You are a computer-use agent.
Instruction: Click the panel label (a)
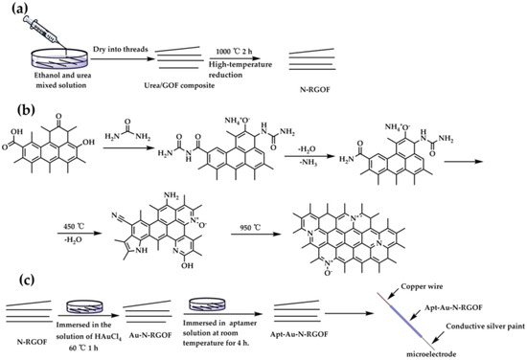[x=13, y=10]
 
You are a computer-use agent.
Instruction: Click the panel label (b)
[x=13, y=92]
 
